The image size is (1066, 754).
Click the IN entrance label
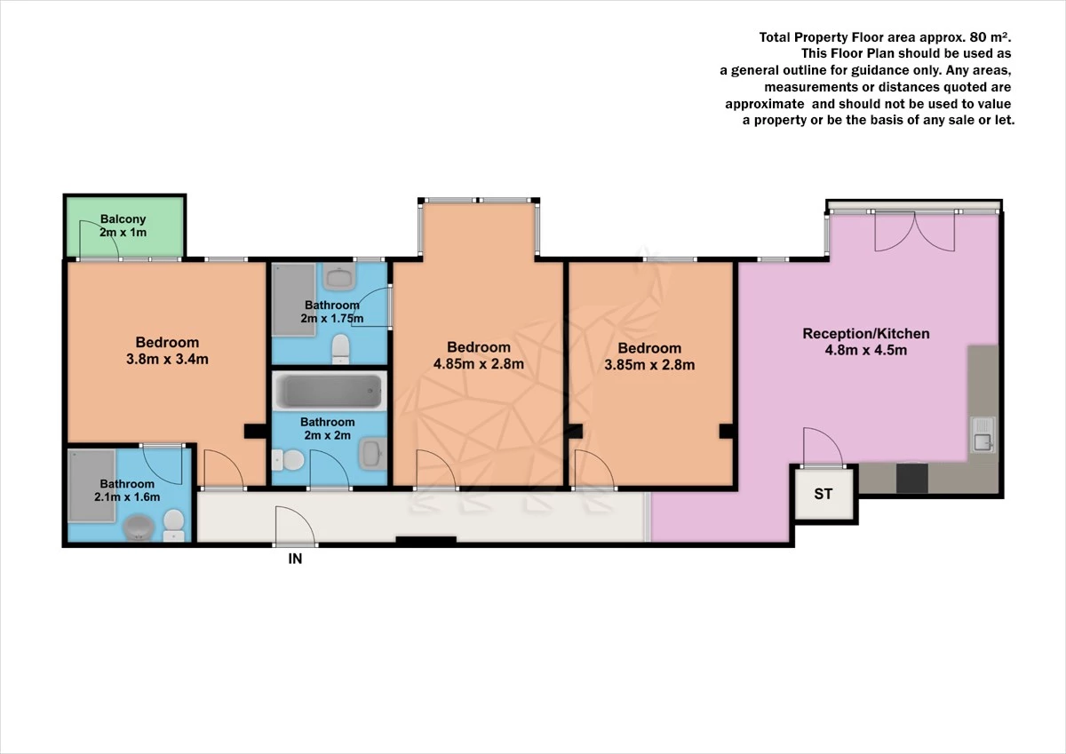pos(295,560)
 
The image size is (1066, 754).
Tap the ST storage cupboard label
pos(823,494)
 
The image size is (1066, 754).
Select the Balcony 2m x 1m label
pos(123,226)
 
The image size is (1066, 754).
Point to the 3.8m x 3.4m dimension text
pos(167,360)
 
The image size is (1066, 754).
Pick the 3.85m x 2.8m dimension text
pos(649,365)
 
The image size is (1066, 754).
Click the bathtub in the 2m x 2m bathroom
pos(330,391)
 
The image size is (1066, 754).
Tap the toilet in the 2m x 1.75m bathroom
pos(338,348)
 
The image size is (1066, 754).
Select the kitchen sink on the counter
pos(983,436)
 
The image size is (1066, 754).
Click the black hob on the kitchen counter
pos(911,479)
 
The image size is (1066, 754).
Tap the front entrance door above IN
pos(295,526)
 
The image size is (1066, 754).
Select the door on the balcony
pos(97,240)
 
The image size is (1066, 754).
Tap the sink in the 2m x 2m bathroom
pos(372,456)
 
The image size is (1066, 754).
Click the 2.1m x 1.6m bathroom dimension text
pos(127,497)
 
